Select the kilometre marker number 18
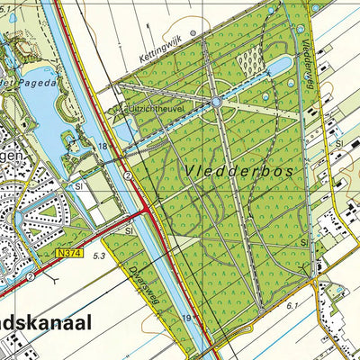click(x=103, y=145)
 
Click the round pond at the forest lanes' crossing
click(x=217, y=103)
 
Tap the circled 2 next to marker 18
click(x=129, y=175)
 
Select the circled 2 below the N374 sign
click(x=31, y=277)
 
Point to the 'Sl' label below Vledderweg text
click(x=338, y=142)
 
